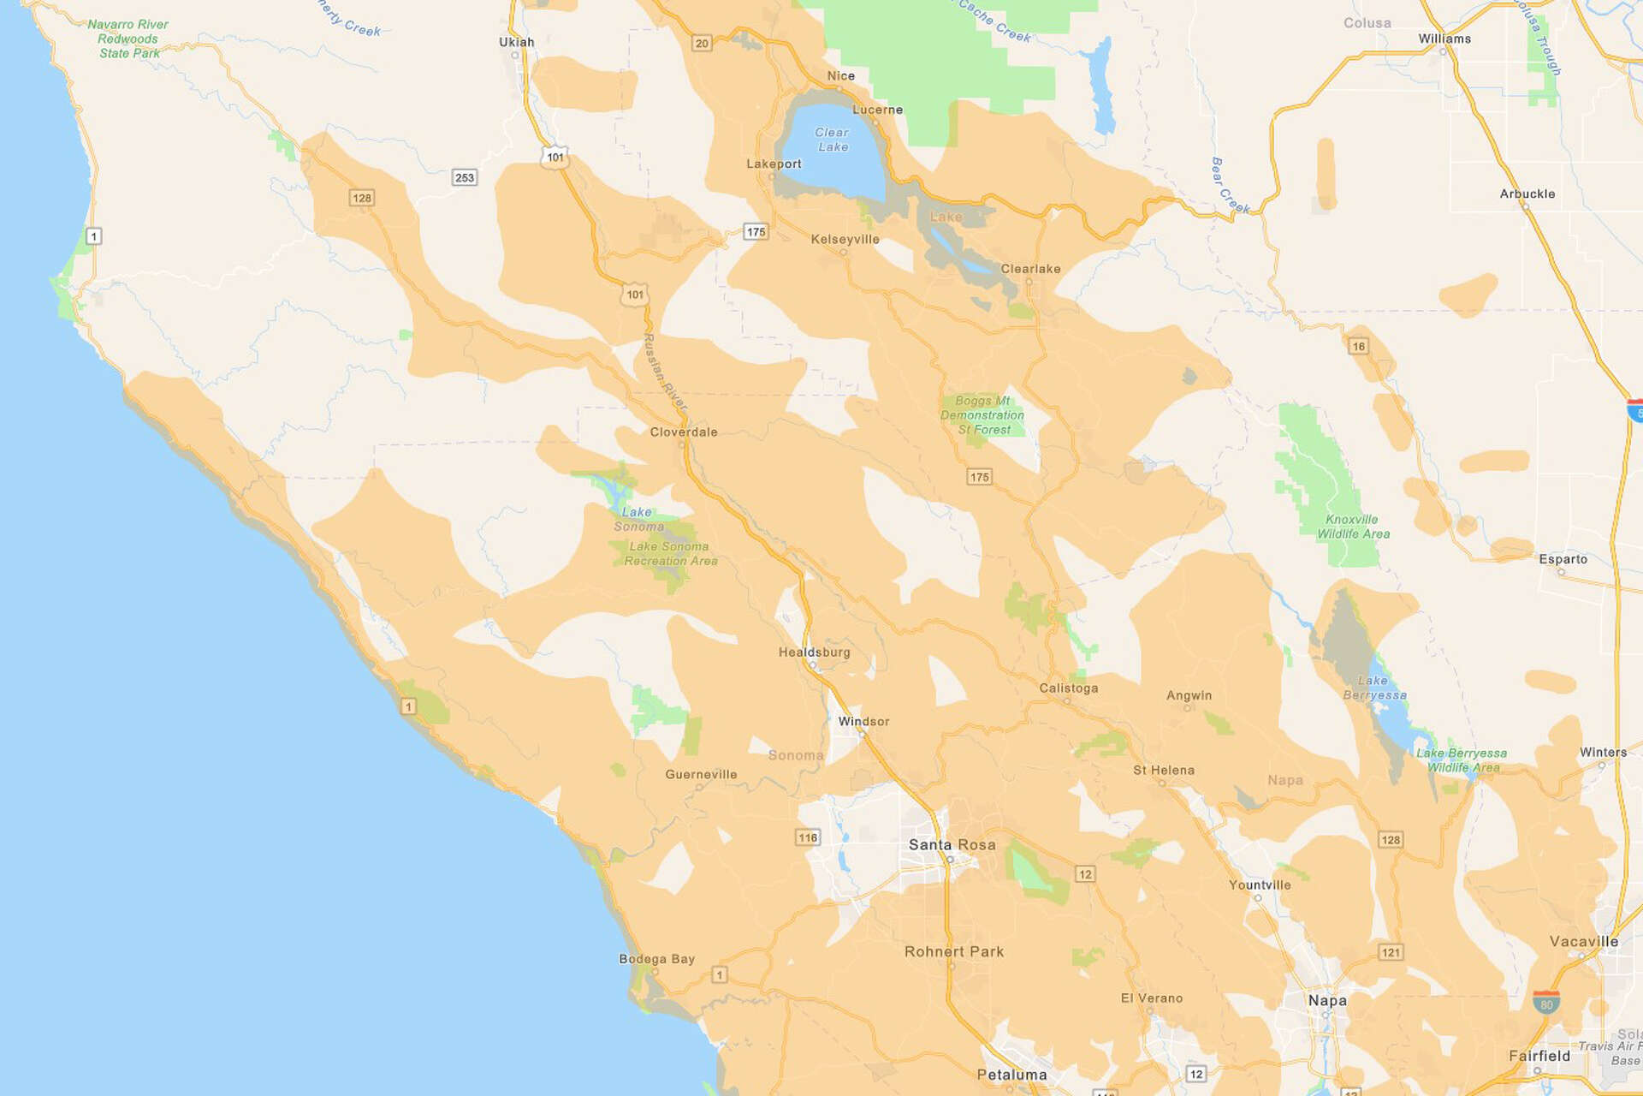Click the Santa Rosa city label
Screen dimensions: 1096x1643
(952, 844)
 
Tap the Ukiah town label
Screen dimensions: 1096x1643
(516, 42)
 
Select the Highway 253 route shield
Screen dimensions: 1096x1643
(465, 178)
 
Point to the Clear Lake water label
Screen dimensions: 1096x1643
(832, 140)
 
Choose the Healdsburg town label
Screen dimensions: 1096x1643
(814, 652)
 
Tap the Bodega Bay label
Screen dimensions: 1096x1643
(656, 959)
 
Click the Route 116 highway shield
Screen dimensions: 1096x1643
(808, 837)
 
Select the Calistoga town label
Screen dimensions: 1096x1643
(1068, 688)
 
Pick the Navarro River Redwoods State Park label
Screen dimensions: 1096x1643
(128, 39)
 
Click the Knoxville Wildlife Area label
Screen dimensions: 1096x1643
(1353, 527)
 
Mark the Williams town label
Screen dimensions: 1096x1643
(1444, 39)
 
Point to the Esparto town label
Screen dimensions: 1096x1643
(1563, 559)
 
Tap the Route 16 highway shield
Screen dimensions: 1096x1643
(1358, 347)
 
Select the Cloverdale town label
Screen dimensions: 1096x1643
(684, 432)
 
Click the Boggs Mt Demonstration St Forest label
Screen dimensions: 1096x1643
(982, 415)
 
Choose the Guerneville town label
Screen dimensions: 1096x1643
(701, 775)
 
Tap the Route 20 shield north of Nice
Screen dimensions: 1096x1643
(702, 44)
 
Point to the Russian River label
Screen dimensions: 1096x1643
(665, 372)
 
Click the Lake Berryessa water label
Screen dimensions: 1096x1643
(1374, 688)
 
